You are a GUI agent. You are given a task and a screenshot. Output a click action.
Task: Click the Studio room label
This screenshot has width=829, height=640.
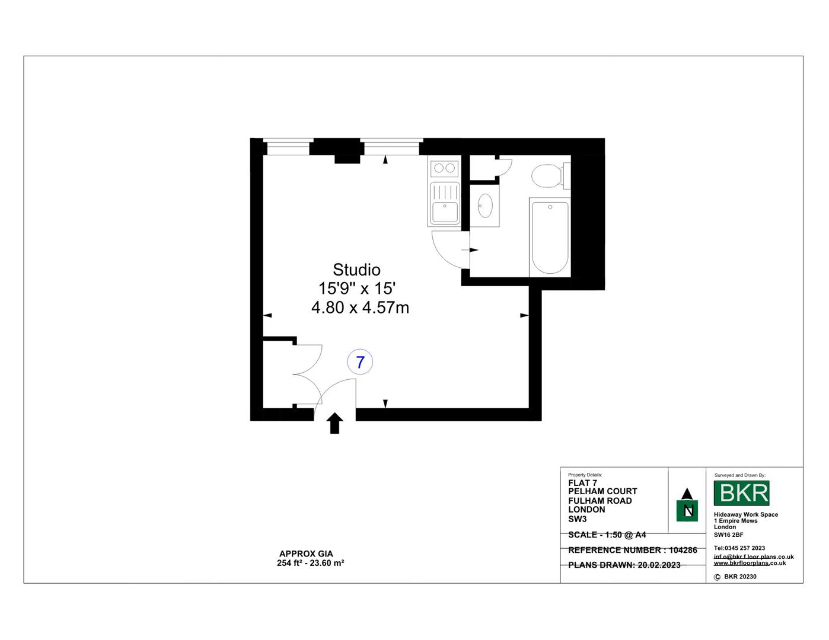(x=356, y=270)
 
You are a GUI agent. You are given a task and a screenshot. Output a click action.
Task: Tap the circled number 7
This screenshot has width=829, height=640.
(x=360, y=361)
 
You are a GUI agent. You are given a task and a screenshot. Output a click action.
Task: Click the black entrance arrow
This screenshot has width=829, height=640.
(x=335, y=423)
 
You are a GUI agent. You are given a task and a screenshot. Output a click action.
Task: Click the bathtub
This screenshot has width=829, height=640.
(x=550, y=237)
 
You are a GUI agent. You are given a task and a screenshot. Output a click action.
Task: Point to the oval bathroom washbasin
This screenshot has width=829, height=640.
(x=485, y=205)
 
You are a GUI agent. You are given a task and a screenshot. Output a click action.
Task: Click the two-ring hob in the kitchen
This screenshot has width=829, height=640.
(x=445, y=168)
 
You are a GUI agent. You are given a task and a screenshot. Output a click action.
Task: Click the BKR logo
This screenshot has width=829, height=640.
(x=741, y=493)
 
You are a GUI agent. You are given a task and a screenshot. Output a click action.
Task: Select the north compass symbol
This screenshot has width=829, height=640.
(x=687, y=505)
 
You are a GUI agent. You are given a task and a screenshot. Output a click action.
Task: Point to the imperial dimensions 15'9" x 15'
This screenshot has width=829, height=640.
(x=357, y=289)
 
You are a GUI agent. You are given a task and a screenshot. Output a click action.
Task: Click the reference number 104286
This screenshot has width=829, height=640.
(x=684, y=550)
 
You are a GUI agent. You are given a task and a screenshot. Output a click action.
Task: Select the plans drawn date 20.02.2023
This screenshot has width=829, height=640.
(x=659, y=565)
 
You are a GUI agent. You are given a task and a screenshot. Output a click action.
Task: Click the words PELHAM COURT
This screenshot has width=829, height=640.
(x=602, y=491)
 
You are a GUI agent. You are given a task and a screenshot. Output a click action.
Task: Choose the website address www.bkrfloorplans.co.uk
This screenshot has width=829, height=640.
(x=750, y=563)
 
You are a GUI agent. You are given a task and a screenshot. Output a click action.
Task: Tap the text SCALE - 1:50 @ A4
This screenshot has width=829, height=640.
(x=607, y=535)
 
